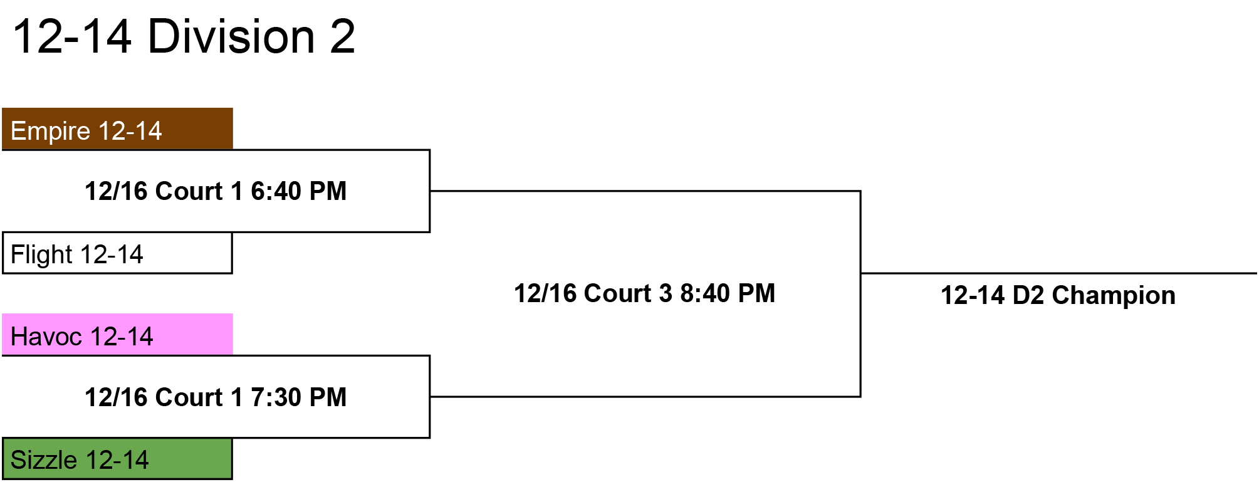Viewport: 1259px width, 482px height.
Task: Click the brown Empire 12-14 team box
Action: coord(117,128)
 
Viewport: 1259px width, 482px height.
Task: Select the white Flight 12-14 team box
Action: coord(117,253)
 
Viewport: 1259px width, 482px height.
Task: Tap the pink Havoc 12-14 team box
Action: coord(117,335)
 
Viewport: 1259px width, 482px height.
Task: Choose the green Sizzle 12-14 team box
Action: coord(117,459)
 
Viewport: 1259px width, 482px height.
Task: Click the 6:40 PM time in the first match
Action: coord(298,191)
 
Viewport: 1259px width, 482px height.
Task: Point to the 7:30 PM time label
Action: coord(298,397)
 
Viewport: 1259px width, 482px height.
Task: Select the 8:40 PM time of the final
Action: coord(728,293)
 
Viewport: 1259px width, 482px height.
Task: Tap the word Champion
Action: coord(1114,295)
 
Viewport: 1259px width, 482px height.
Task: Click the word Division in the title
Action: coord(231,36)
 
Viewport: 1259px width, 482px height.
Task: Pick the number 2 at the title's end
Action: coord(342,36)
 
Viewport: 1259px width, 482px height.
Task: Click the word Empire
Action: coord(51,132)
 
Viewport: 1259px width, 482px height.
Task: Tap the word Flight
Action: coord(42,255)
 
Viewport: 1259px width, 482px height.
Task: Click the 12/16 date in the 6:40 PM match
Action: coord(116,191)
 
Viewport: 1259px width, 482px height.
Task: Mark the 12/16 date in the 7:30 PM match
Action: coord(116,397)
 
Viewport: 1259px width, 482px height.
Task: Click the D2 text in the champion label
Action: coord(1028,295)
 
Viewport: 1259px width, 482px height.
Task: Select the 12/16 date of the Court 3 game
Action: coord(545,293)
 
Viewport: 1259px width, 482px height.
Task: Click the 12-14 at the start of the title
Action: coord(72,36)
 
